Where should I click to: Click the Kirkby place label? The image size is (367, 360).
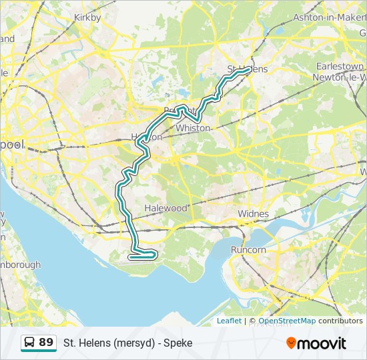[x=87, y=18]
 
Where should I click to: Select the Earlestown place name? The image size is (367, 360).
[x=340, y=67]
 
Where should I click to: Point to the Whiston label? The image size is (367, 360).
[x=193, y=128]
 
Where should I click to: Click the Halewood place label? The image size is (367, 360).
[x=166, y=208]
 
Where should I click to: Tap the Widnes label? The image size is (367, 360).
[x=254, y=214]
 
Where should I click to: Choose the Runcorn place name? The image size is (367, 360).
[x=248, y=250]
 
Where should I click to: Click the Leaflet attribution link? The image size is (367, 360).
[x=229, y=321]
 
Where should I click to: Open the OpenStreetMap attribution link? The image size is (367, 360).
[x=287, y=321]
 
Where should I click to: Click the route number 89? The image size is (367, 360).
[x=46, y=343]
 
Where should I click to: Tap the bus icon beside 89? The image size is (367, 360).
[x=30, y=343]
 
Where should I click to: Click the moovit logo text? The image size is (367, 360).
[x=322, y=343]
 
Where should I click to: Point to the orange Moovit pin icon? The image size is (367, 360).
[x=291, y=343]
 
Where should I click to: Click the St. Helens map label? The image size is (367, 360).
[x=247, y=69]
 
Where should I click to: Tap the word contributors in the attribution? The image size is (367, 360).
[x=340, y=321]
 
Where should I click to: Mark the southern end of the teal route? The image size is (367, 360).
[x=131, y=256]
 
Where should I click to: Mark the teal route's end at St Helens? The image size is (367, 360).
[x=248, y=69]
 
